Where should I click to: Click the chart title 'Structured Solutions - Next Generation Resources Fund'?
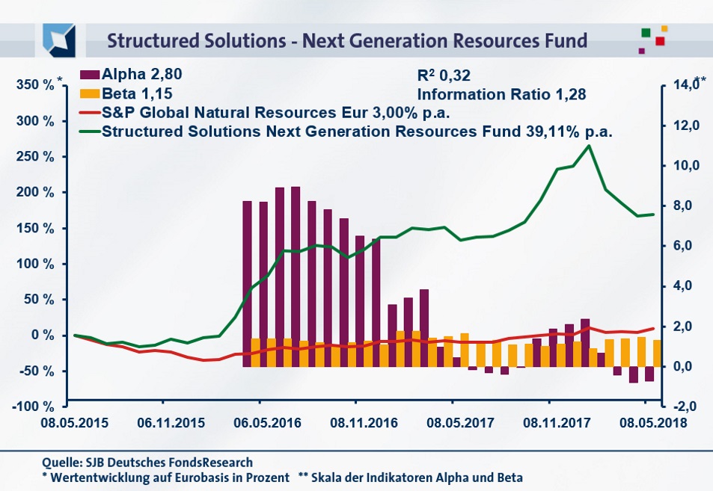click(347, 39)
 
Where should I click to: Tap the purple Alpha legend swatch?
click(88, 75)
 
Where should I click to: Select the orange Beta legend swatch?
click(88, 95)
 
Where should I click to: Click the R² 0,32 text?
click(443, 75)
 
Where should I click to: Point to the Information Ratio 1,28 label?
click(501, 95)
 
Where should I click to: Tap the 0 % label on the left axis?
click(43, 336)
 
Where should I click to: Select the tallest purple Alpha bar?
click(296, 277)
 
